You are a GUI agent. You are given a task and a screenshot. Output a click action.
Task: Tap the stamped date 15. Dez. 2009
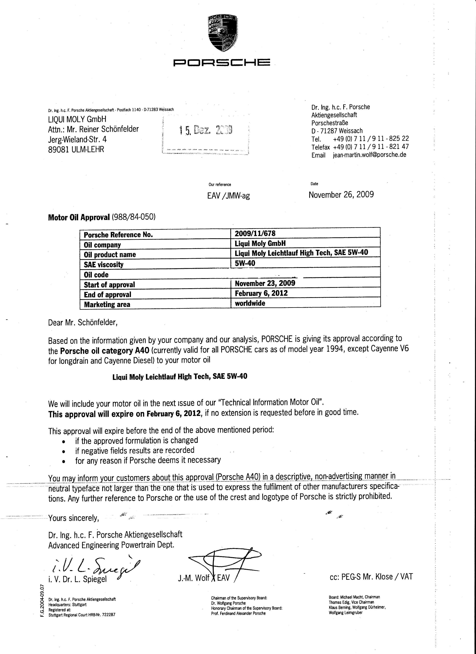pos(206,130)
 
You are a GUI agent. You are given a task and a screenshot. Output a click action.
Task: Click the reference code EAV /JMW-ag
pos(228,196)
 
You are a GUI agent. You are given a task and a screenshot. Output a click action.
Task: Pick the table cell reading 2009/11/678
pos(251,233)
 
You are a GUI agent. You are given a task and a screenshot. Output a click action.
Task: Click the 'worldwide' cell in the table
pos(250,303)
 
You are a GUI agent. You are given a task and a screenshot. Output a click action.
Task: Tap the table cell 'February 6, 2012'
pos(261,293)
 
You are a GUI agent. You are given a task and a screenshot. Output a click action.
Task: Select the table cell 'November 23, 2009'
pos(265,283)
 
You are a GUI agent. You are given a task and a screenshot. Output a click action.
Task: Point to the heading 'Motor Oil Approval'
pos(79,217)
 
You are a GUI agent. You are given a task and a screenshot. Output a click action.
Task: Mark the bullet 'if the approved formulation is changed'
pos(137,441)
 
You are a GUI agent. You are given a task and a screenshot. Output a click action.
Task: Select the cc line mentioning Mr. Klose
pos(371,577)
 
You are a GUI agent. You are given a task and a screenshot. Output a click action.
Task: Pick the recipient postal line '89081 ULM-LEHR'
pos(76,149)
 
